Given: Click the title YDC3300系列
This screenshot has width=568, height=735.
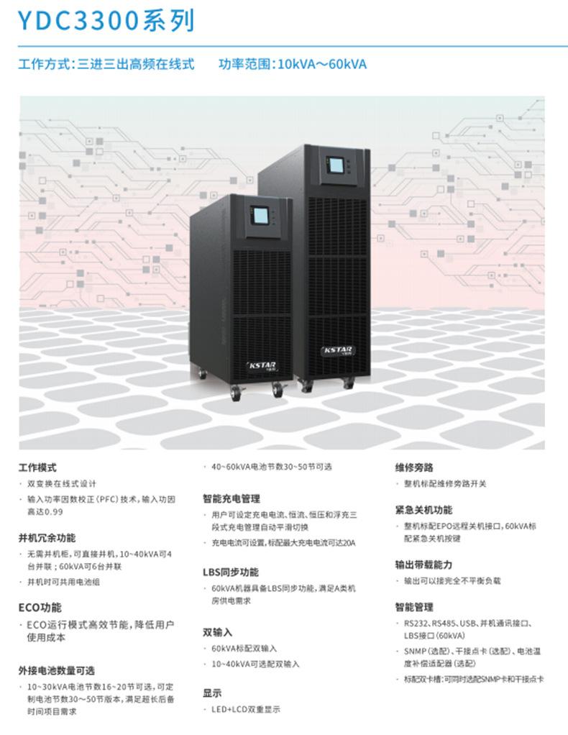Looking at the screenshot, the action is pos(106,22).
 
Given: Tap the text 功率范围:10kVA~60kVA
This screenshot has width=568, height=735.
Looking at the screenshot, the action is pos(293,64).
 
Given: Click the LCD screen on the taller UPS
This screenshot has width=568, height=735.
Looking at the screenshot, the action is pos(336,165).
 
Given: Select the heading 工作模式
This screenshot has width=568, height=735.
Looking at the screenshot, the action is pos(37,467).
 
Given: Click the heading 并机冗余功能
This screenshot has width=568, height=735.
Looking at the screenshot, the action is pos(47,537).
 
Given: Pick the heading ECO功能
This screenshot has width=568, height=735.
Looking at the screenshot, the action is pos(40,607).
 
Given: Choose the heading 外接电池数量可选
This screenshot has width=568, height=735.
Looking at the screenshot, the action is pos(56,670).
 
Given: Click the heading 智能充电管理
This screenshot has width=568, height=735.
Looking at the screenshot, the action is pos(231,498).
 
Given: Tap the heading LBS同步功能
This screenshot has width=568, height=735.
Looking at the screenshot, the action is pos(230,572).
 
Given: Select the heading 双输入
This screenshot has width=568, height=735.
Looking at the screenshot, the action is pos(217,632).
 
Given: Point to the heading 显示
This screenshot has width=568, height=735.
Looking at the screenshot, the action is pos(212,693).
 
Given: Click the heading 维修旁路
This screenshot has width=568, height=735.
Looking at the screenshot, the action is pos(413,467).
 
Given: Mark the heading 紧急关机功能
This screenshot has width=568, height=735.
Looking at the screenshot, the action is pos(423,510).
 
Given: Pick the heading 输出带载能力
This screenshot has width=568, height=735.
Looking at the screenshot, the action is pos(423,565).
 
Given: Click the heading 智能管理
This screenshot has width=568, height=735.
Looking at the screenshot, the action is pos(413,607).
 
